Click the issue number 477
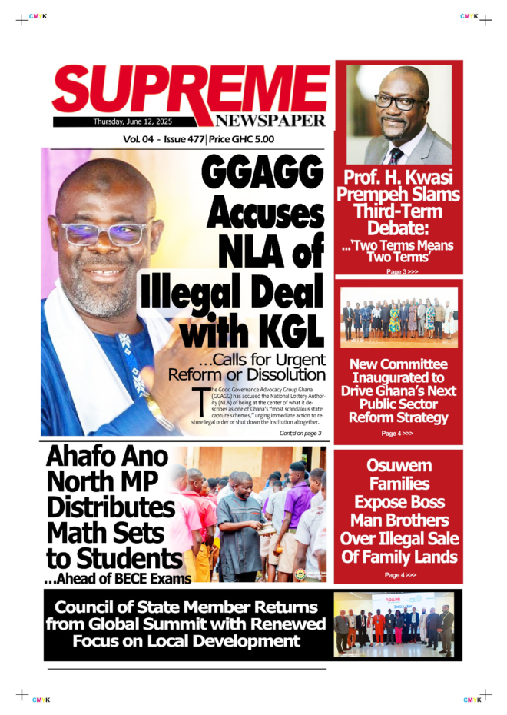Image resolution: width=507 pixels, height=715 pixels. click(x=193, y=139)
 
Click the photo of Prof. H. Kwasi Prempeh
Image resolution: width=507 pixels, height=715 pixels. click(x=399, y=114)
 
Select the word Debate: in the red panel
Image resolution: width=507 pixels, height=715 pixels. click(x=399, y=228)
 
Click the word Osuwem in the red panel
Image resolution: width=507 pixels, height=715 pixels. click(x=399, y=466)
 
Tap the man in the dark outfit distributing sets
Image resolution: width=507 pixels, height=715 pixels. click(x=240, y=527)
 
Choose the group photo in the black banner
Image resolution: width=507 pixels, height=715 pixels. click(x=394, y=624)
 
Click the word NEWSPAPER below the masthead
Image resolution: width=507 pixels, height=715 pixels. click(x=270, y=121)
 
